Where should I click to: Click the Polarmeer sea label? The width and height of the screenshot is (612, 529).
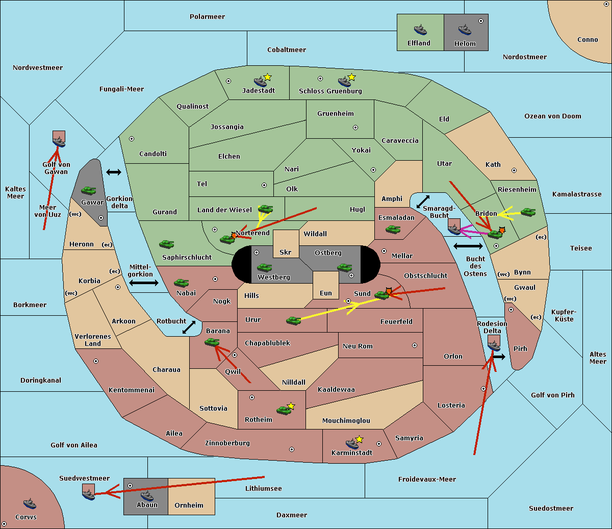tap(207, 17)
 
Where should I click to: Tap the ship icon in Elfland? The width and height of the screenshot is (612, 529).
tap(420, 30)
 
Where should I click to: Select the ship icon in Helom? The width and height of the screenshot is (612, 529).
tap(465, 30)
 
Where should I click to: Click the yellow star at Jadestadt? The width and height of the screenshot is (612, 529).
tap(267, 77)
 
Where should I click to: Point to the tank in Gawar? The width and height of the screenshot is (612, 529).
tap(89, 190)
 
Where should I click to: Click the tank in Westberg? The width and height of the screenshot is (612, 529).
tap(264, 268)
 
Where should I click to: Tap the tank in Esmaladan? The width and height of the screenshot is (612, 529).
tap(393, 230)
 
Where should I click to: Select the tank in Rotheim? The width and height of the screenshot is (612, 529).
tap(284, 410)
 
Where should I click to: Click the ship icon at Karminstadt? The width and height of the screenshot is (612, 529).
tap(352, 443)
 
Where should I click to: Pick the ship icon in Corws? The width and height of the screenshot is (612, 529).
tap(30, 503)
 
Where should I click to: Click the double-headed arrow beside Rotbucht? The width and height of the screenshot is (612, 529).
tap(189, 328)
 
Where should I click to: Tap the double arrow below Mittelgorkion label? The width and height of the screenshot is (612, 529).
tap(144, 283)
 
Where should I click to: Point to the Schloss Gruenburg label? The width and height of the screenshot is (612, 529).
tap(330, 91)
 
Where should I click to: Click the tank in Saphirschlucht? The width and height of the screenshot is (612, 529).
tap(166, 244)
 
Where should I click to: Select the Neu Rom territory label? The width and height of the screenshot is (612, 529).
tap(358, 346)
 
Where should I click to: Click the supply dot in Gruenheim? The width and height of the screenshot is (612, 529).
tap(355, 128)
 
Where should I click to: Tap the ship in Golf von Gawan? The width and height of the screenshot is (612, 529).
tap(59, 142)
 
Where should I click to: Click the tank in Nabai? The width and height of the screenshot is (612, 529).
tap(181, 283)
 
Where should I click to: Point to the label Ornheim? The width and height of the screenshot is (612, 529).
tap(189, 505)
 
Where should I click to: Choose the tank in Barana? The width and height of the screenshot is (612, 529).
tap(212, 342)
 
